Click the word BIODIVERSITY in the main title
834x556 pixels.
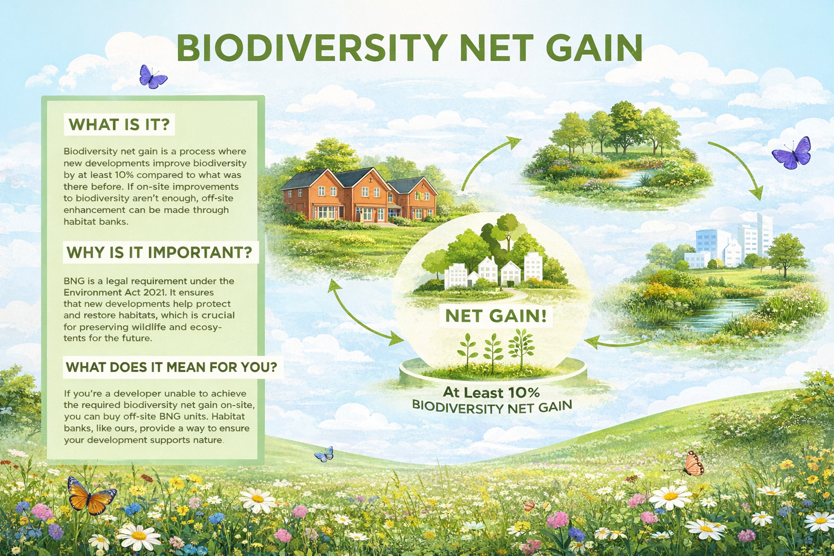point(311,48)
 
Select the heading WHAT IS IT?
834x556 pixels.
point(119,124)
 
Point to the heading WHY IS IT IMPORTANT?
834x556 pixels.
point(159,252)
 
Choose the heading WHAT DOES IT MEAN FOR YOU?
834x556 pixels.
point(171,367)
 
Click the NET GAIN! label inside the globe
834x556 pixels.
point(495,315)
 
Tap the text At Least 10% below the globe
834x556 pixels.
point(491,392)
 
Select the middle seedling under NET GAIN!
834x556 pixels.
point(493,351)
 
